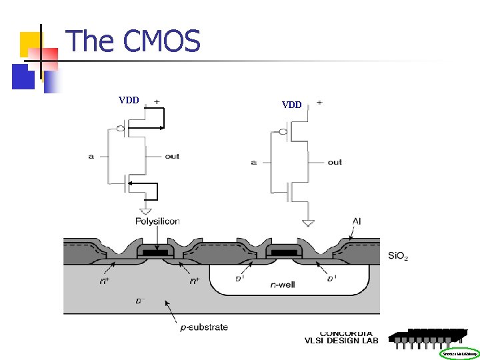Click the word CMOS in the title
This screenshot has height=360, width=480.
tap(162, 41)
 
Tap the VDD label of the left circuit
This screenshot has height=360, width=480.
tap(129, 101)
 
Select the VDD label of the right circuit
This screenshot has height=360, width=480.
tap(292, 105)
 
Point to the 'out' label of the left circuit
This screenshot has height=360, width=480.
tap(172, 157)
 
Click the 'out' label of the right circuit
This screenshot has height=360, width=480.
tap(335, 162)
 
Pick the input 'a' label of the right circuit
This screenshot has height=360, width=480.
tap(255, 162)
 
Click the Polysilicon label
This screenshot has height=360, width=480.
tap(157, 221)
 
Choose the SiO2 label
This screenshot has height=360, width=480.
tap(399, 256)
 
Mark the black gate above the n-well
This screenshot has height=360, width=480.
tap(285, 253)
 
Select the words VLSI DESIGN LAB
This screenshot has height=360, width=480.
tap(341, 341)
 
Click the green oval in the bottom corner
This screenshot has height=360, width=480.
tap(459, 354)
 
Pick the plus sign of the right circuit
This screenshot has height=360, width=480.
tap(319, 102)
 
